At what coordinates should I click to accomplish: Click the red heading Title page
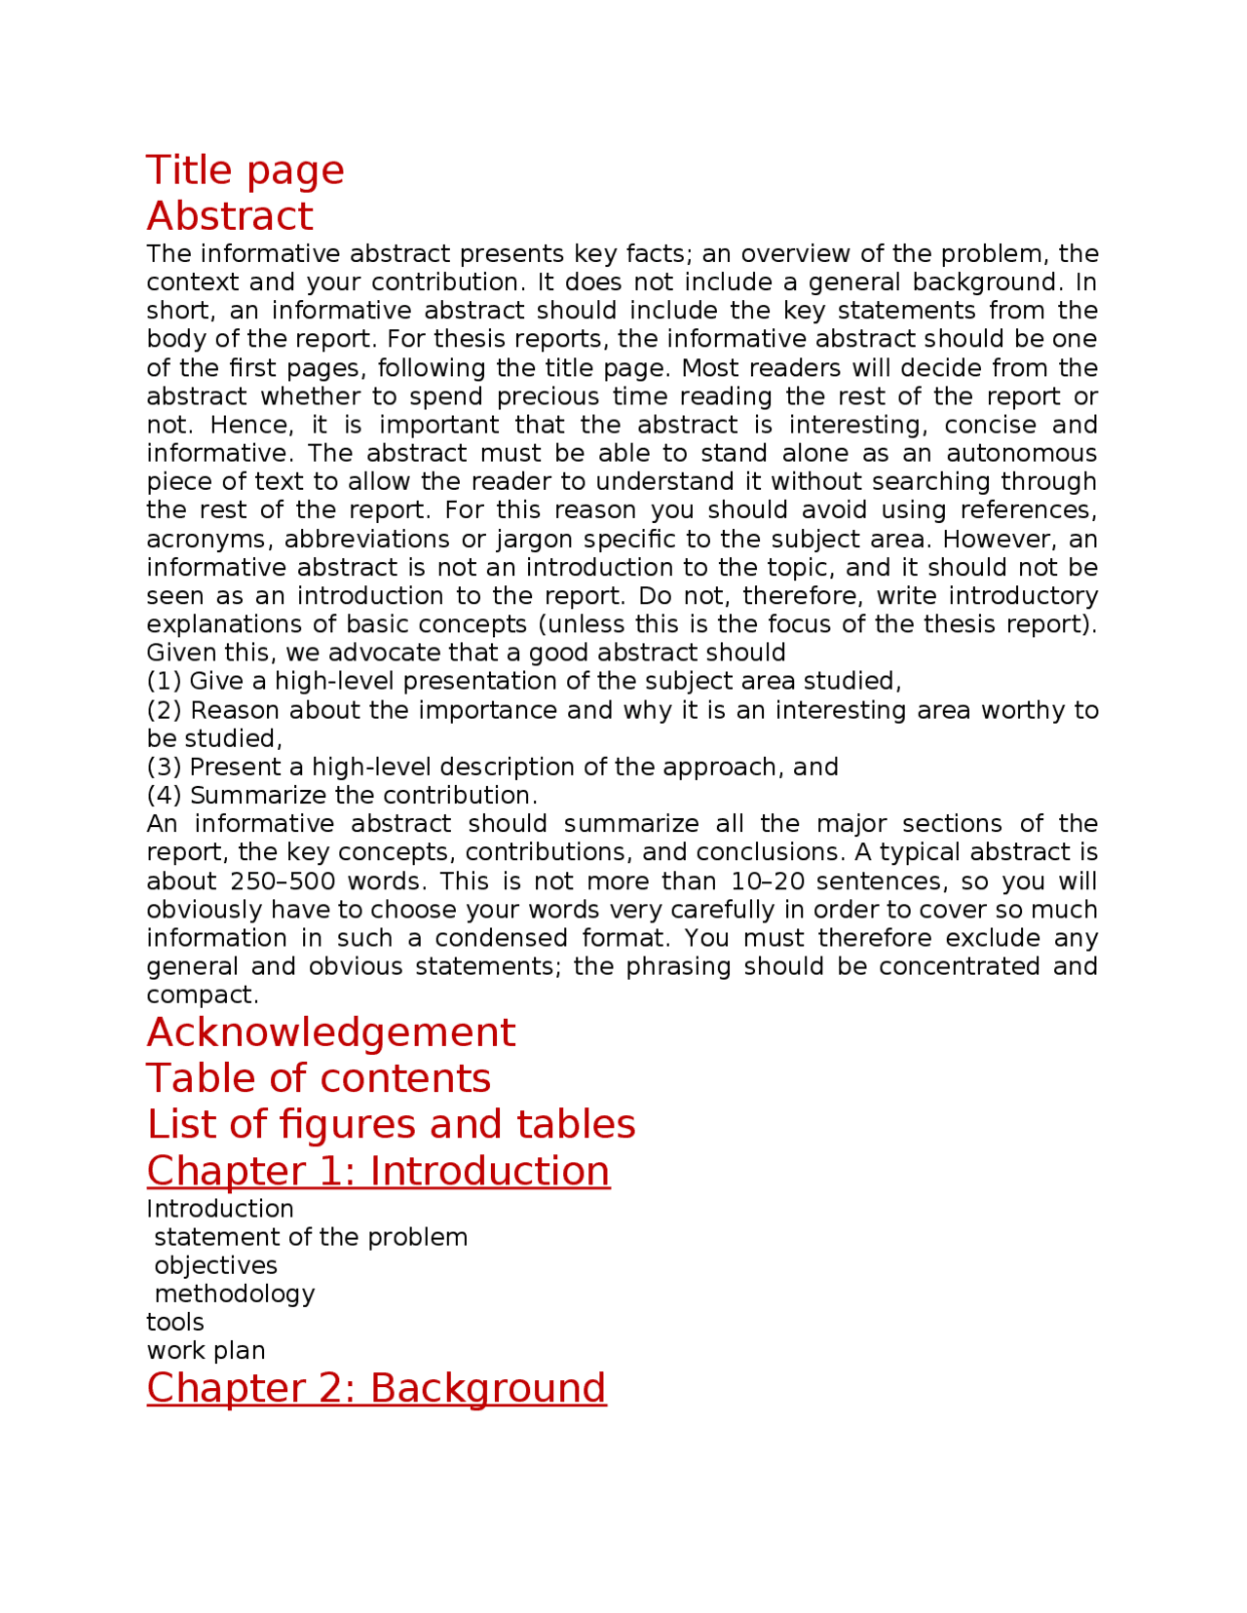pyautogui.click(x=245, y=170)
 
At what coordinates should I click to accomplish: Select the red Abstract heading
pyautogui.click(x=230, y=216)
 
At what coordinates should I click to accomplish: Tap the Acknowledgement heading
pyautogui.click(x=330, y=1032)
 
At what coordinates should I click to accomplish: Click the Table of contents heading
pyautogui.click(x=319, y=1078)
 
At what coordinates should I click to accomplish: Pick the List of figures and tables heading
pyautogui.click(x=391, y=1124)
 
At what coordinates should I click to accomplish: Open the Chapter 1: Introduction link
pyautogui.click(x=378, y=1171)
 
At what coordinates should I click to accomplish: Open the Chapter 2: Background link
pyautogui.click(x=376, y=1388)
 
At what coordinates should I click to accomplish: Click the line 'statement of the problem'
pyautogui.click(x=311, y=1237)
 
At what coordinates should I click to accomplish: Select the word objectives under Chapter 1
pyautogui.click(x=215, y=1265)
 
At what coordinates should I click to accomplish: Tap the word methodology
pyautogui.click(x=234, y=1294)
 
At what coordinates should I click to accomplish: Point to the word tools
pyautogui.click(x=175, y=1322)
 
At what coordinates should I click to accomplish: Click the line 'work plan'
pyautogui.click(x=206, y=1350)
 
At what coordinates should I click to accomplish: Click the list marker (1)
pyautogui.click(x=164, y=681)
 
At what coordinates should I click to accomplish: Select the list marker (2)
pyautogui.click(x=164, y=710)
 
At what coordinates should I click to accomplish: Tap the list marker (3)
pyautogui.click(x=164, y=767)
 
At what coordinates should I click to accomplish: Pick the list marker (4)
pyautogui.click(x=164, y=795)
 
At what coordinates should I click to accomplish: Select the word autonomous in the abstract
pyautogui.click(x=1021, y=454)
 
